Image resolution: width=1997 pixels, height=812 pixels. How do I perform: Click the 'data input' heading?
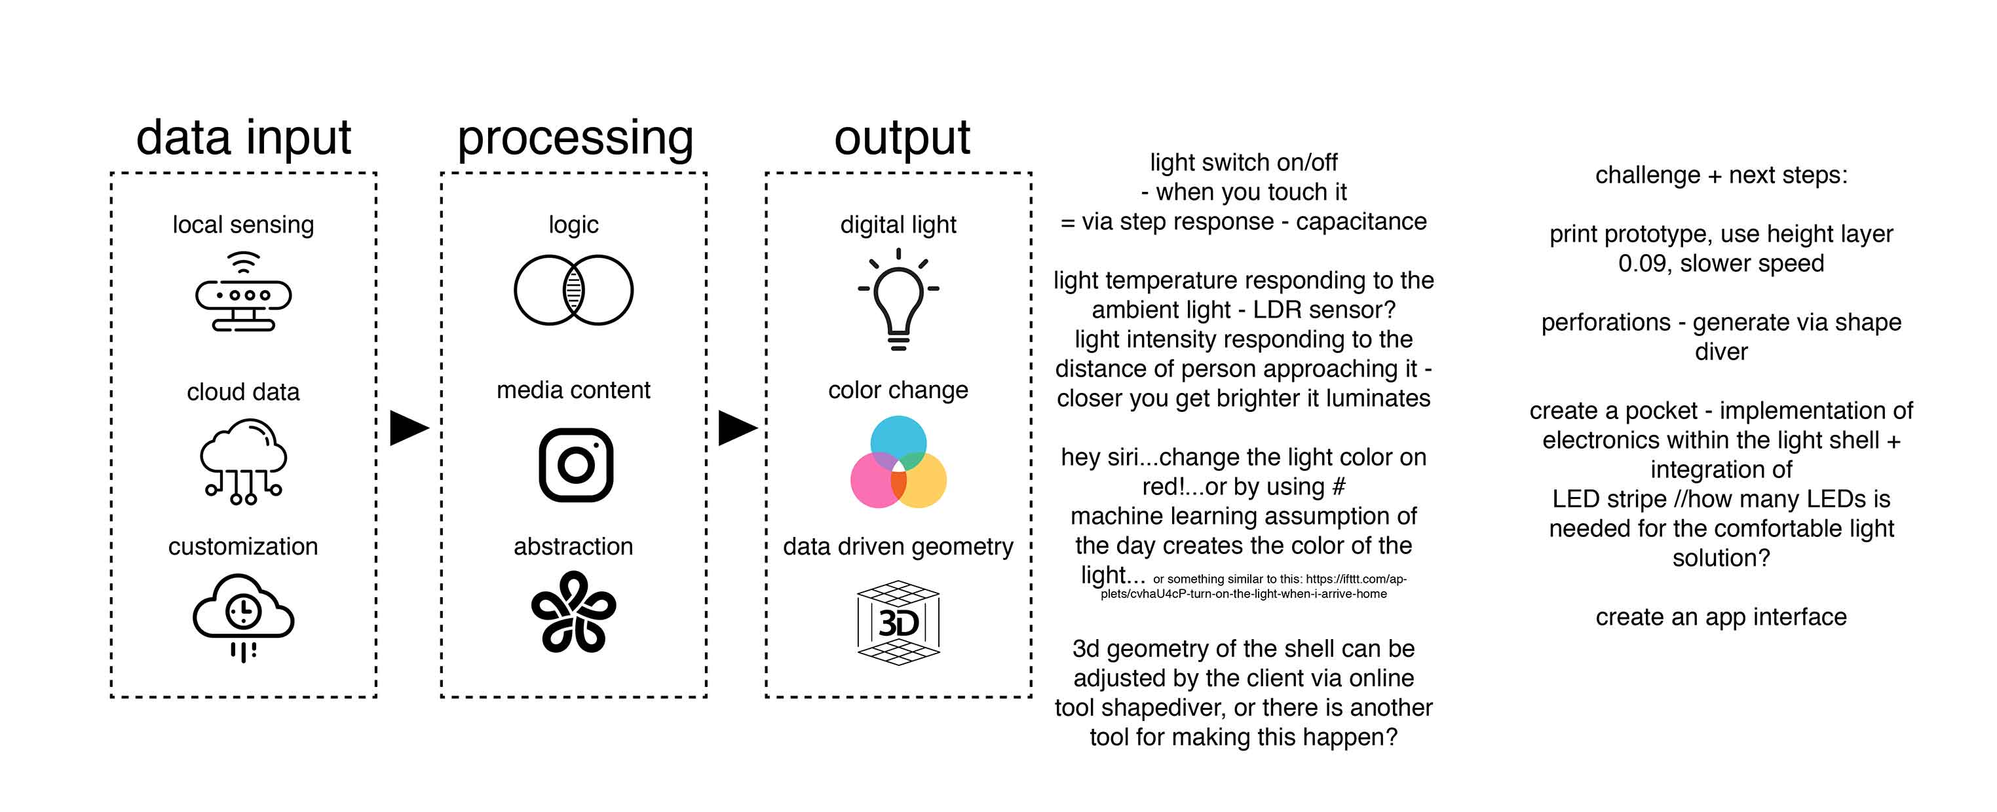point(244,138)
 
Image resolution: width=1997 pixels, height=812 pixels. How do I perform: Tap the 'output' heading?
point(902,138)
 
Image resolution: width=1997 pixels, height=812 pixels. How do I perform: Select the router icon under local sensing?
point(244,292)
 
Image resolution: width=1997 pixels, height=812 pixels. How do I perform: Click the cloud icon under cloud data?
point(244,461)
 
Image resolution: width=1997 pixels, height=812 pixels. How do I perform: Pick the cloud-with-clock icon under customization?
point(244,617)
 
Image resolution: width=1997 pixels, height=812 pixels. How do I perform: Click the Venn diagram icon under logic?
point(574,290)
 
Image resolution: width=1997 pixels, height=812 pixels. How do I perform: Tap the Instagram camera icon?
point(575,465)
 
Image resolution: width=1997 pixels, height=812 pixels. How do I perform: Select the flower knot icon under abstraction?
point(574,612)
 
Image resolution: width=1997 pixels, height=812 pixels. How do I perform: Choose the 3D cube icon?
point(898,622)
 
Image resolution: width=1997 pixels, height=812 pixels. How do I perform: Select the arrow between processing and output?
point(736,428)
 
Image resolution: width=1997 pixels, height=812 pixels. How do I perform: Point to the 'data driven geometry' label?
point(898,547)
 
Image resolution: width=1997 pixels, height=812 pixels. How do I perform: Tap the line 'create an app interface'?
point(1721,617)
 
